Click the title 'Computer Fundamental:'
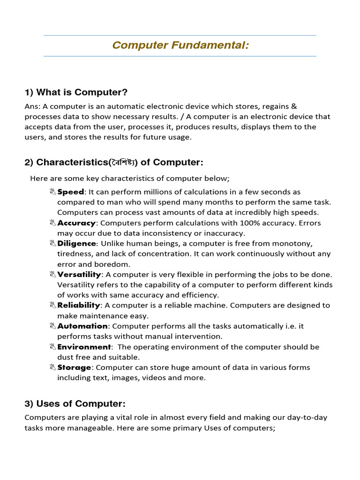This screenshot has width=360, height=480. [180, 46]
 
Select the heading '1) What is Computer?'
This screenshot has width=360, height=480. [76, 92]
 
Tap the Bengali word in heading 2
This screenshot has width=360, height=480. [123, 163]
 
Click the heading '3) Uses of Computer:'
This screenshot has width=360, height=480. [75, 404]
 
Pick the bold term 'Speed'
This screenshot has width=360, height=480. [70, 192]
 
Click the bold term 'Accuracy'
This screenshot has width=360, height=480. [76, 223]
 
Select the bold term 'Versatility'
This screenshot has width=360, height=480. [79, 274]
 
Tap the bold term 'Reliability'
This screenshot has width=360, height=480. [79, 305]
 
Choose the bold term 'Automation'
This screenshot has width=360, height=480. [82, 326]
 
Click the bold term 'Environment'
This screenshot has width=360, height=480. [84, 347]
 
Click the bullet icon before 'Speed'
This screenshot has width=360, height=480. [52, 192]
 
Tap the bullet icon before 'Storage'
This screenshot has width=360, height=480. [52, 367]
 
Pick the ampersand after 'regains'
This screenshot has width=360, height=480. [294, 106]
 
